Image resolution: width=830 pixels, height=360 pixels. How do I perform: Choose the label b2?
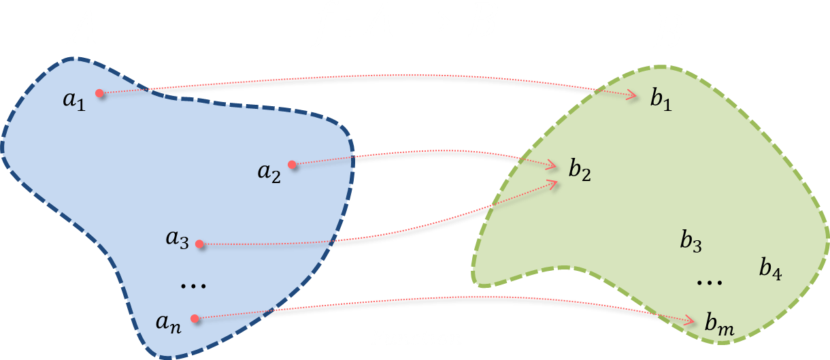(x=580, y=170)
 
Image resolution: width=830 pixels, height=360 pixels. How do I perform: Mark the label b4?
(x=770, y=269)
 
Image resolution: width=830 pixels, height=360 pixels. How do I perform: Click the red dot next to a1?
(x=100, y=93)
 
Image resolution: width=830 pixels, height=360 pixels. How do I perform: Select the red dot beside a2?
(x=292, y=164)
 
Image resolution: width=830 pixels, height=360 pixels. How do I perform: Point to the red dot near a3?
(x=199, y=244)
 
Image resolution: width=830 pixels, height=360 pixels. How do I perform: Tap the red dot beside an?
(x=195, y=318)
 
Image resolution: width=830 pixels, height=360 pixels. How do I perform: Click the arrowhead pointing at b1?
(x=633, y=96)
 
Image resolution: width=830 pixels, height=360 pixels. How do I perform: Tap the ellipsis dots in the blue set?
(x=193, y=287)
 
